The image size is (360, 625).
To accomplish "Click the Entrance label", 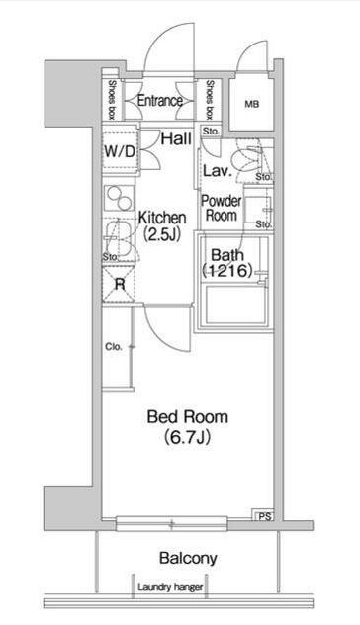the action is coord(160,101).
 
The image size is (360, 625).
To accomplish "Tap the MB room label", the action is coord(251,105).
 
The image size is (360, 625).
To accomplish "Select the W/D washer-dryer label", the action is coord(120,151).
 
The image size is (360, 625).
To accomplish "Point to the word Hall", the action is coord(176,138).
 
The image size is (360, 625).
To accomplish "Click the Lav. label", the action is coord(218,171).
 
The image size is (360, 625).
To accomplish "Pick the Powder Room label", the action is coord(222,208).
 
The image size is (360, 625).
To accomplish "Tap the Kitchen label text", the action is coord(162,218).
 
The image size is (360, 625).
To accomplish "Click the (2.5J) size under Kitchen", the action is coord(162,234).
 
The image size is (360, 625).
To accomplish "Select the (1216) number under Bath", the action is coord(227,271).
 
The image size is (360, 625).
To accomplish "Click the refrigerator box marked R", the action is coord(119,284).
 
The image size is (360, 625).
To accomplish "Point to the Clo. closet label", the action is coord(114,347).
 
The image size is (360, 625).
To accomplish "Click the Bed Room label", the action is coord(188,417).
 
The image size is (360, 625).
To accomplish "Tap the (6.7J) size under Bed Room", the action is coord(187,437).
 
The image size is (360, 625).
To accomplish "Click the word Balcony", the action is coord(188,558).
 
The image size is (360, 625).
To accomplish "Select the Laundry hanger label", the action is coord(170,587).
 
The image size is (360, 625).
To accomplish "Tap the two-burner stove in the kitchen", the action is coord(120,199).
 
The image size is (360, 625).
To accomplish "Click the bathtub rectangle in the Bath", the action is coord(235,305).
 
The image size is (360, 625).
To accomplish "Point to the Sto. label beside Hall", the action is coord(211,132).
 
